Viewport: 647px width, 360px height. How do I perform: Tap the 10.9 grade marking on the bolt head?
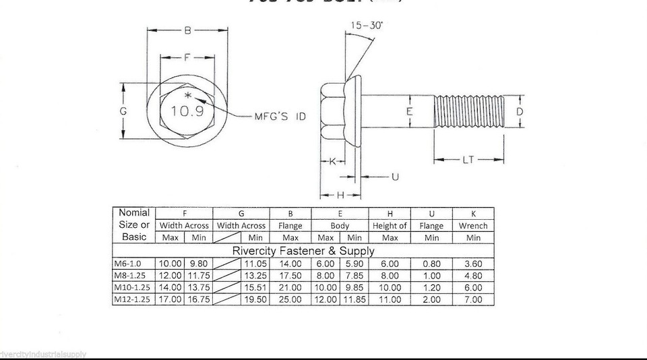[187, 111]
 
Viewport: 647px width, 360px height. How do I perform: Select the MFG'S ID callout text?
[280, 117]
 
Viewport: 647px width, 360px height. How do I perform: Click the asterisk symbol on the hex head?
[189, 96]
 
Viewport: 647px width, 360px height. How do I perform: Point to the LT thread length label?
[469, 160]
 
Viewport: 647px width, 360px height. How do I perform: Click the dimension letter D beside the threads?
[520, 111]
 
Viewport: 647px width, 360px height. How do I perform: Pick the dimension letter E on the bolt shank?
[409, 112]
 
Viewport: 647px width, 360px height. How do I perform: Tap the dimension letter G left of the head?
[123, 112]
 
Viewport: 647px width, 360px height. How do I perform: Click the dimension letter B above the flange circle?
[187, 30]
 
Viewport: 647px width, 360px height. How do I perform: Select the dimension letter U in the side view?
[395, 177]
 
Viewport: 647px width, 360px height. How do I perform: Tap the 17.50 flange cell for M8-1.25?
[290, 276]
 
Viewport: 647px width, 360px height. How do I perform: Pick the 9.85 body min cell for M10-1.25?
[355, 288]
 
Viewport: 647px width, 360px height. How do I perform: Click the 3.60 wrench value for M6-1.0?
[473, 264]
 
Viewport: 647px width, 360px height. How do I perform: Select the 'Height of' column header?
[390, 226]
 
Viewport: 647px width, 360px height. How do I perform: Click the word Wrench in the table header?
[473, 226]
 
